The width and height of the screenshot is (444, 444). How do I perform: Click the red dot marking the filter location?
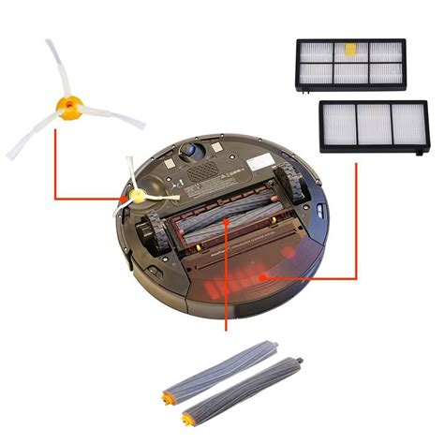click(265, 277)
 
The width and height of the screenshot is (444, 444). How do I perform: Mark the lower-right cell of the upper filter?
click(383, 74)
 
